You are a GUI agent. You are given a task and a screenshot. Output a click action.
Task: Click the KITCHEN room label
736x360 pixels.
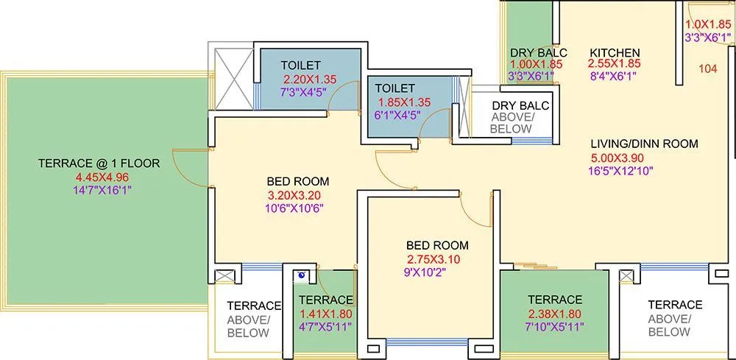[x=615, y=52]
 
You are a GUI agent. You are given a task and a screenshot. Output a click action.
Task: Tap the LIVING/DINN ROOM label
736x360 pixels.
[x=645, y=144]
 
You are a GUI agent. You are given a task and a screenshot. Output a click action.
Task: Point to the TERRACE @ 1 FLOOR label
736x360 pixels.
[x=99, y=163]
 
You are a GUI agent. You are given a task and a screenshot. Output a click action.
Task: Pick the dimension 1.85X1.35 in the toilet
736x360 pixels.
[x=404, y=102]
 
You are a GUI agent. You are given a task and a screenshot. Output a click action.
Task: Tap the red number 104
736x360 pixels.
[x=707, y=69]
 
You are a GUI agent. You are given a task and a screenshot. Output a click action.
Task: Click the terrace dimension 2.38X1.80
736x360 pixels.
[x=555, y=313]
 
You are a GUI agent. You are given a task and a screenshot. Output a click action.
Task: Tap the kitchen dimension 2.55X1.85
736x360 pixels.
[x=615, y=64]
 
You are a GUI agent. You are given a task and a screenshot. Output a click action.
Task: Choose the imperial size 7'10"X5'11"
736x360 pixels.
[x=555, y=326]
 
